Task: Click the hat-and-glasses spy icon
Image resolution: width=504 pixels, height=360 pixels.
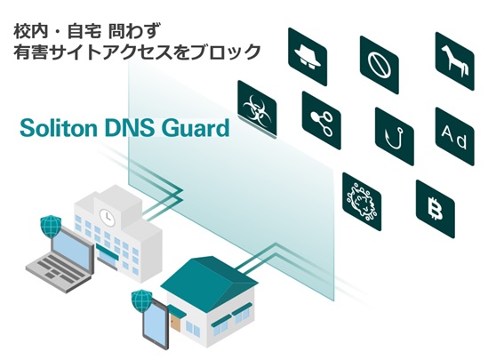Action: (308, 57)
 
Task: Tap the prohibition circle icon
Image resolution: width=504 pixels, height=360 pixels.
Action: (380, 65)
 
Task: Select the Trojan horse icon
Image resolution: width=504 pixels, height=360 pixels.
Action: (455, 61)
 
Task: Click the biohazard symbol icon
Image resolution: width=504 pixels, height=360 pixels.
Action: (257, 109)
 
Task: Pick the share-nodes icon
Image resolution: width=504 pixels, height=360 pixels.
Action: (322, 121)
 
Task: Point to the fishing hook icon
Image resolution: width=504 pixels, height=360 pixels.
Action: (395, 137)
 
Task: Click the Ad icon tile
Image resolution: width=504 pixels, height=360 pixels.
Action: (455, 137)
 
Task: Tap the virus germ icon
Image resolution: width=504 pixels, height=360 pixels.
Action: (362, 202)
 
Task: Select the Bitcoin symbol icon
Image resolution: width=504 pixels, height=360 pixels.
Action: (436, 209)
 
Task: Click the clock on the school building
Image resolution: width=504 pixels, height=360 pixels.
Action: (105, 216)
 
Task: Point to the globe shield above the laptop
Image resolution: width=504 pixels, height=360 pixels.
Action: (51, 226)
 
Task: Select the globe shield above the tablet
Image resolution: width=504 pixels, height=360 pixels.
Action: (141, 300)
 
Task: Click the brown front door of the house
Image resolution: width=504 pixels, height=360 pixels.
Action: (176, 324)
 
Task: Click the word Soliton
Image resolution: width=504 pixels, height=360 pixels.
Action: (59, 128)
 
